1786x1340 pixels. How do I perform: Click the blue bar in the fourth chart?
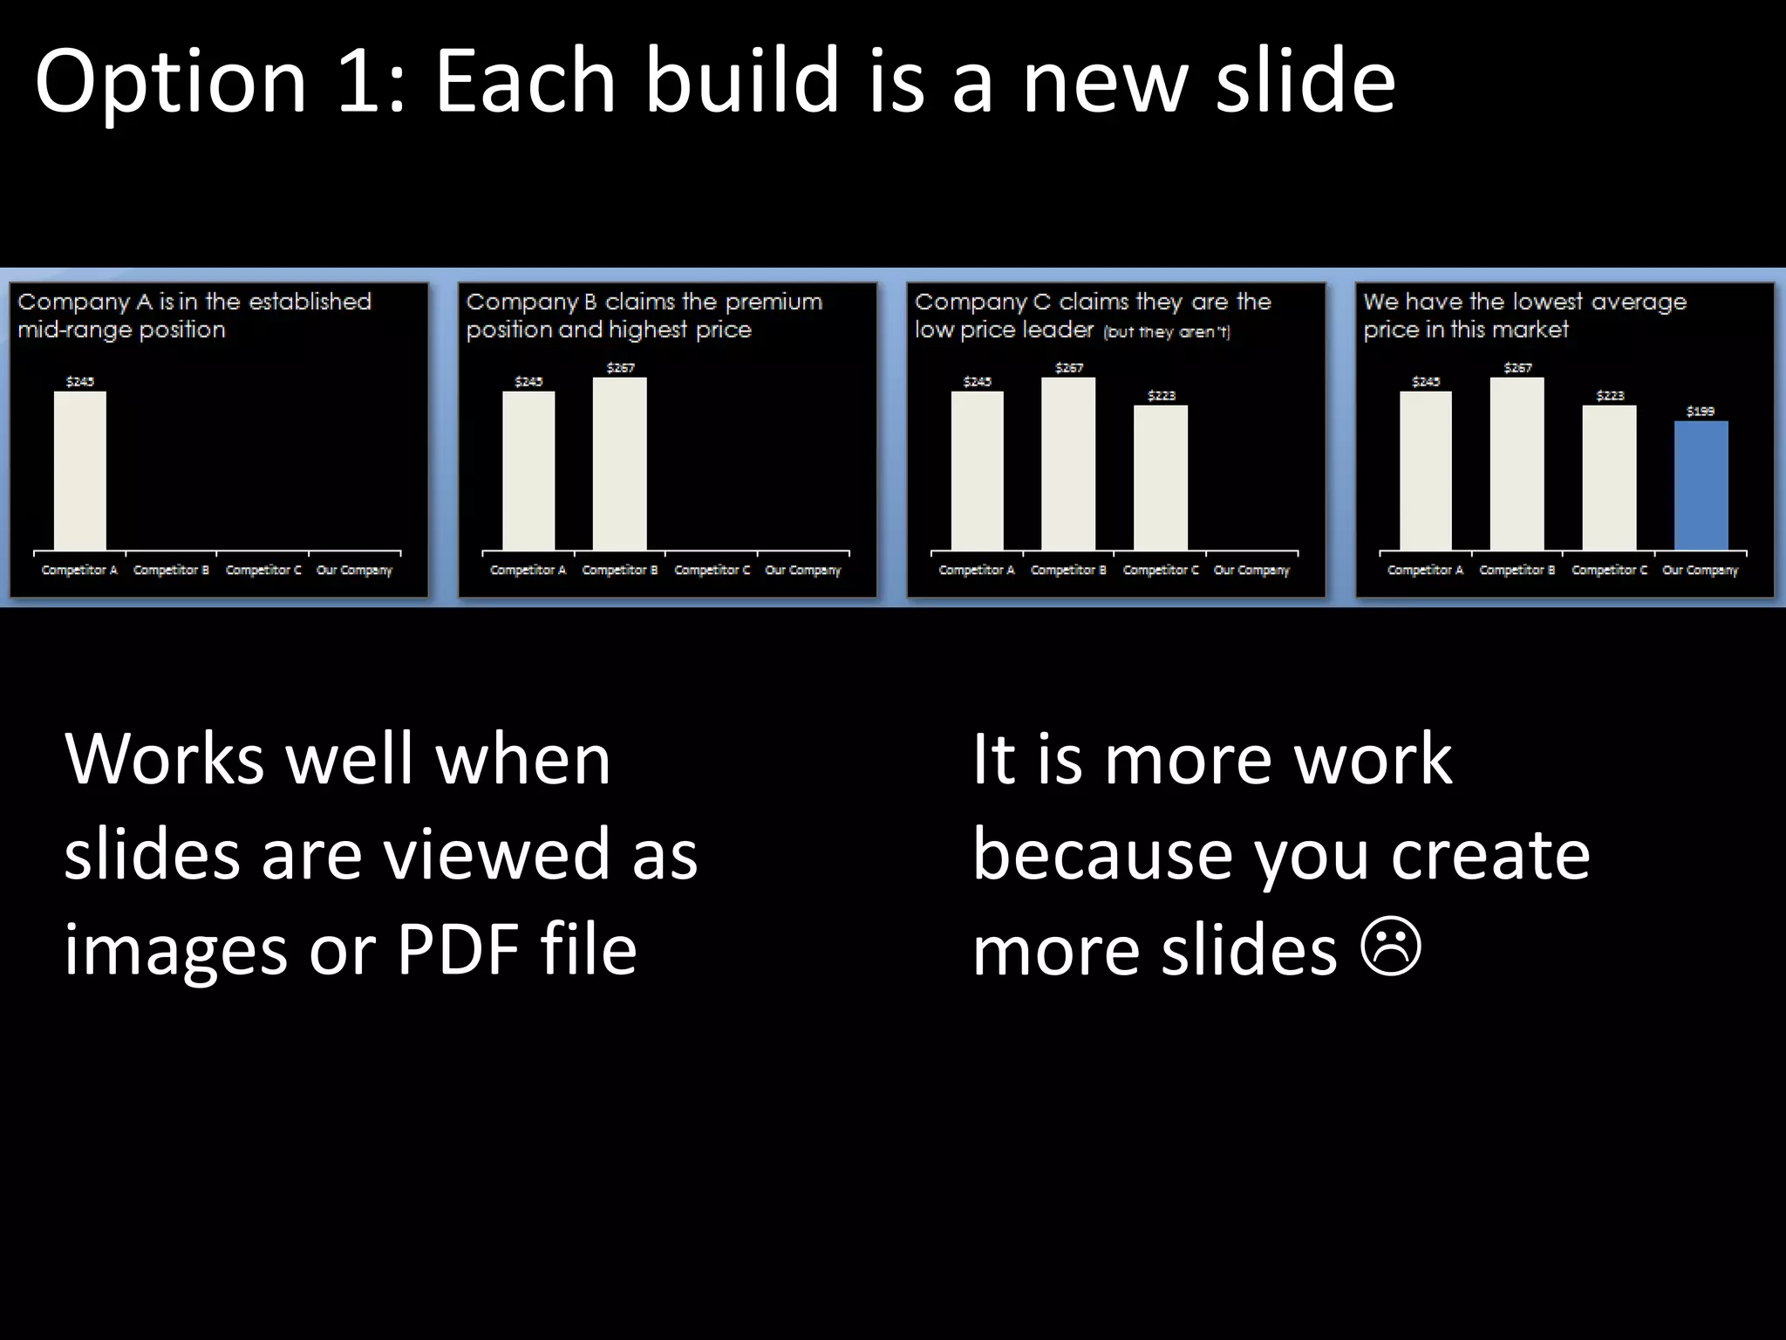1701,485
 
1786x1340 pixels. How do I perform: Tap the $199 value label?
1701,411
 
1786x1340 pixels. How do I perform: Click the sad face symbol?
1391,949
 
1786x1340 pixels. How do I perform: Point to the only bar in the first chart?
80,471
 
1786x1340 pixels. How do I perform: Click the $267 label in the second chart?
620,368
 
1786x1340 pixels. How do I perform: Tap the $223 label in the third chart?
1161,396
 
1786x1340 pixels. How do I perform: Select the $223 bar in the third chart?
1161,478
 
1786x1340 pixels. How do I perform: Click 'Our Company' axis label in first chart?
354,571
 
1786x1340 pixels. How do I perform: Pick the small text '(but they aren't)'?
1166,332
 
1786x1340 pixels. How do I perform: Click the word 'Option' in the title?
171,81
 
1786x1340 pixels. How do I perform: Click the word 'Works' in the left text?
164,759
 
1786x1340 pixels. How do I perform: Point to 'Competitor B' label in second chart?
619,571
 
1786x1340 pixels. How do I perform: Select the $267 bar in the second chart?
620,464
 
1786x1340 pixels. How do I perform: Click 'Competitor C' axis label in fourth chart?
1609,571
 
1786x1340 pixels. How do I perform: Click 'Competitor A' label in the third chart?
977,571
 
